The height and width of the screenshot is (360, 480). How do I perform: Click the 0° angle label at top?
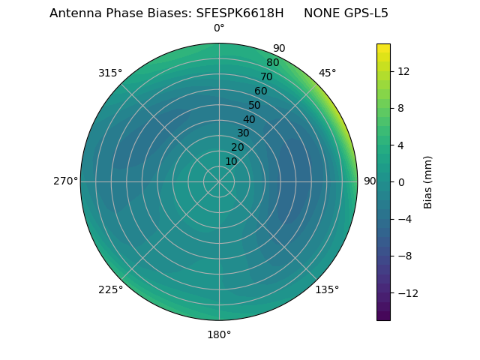click(x=219, y=28)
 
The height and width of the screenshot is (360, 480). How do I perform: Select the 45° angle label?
click(x=327, y=73)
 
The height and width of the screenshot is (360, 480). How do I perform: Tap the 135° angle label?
click(x=327, y=289)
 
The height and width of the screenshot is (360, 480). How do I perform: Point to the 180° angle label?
click(x=219, y=334)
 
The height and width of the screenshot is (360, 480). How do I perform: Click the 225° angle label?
click(x=110, y=289)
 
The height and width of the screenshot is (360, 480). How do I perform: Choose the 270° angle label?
click(x=65, y=181)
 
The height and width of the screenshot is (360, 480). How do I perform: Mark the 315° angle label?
click(x=110, y=73)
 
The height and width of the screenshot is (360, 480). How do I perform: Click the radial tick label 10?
click(x=231, y=161)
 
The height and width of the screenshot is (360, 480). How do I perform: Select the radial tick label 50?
click(x=255, y=105)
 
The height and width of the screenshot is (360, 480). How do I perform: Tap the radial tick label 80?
click(x=272, y=63)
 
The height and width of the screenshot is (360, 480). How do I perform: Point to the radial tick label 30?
click(x=243, y=133)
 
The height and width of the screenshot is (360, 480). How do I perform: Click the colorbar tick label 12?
click(x=403, y=71)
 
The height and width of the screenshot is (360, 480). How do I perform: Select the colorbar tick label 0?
click(x=400, y=182)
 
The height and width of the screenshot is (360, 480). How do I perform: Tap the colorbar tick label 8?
click(x=400, y=108)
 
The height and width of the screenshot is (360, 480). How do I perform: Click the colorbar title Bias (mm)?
click(x=428, y=181)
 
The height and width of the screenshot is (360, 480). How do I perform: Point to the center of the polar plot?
click(x=219, y=181)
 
